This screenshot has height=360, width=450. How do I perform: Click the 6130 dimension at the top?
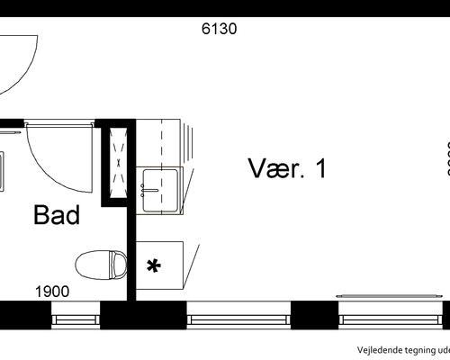tap(219, 28)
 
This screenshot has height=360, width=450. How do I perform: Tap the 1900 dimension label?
tap(53, 292)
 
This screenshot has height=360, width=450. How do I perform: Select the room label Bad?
tap(57, 215)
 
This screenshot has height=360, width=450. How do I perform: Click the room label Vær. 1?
tap(287, 168)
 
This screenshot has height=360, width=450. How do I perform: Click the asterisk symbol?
tap(154, 265)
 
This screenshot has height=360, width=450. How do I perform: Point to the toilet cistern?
tap(117, 265)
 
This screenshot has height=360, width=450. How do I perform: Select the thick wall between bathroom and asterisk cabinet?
tap(131, 261)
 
